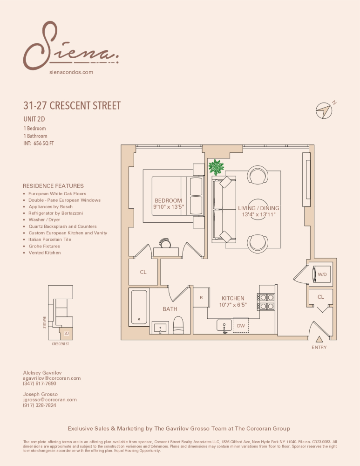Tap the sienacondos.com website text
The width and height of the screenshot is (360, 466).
pos(71,72)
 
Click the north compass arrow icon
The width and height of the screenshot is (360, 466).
pos(323,110)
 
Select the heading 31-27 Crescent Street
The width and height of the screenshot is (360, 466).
pos(72,105)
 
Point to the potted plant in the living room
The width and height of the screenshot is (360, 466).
pos(216,166)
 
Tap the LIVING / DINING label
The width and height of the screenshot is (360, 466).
pos(258,208)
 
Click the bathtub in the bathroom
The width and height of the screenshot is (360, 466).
pos(139,307)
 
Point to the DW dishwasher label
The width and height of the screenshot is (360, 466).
pos(241,326)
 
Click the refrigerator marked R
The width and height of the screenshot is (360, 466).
pos(201,298)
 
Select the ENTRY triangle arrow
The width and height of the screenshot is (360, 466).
pos(319,339)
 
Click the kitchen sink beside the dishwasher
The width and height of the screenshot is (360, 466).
pos(224,325)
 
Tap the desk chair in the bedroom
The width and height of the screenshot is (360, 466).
pos(165,243)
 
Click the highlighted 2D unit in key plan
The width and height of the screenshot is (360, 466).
pos(67,334)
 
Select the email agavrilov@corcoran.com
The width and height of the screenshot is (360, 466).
pos(52,378)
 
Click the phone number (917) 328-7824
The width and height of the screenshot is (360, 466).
pos(40,405)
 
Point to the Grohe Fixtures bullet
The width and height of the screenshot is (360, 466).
pos(44,246)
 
